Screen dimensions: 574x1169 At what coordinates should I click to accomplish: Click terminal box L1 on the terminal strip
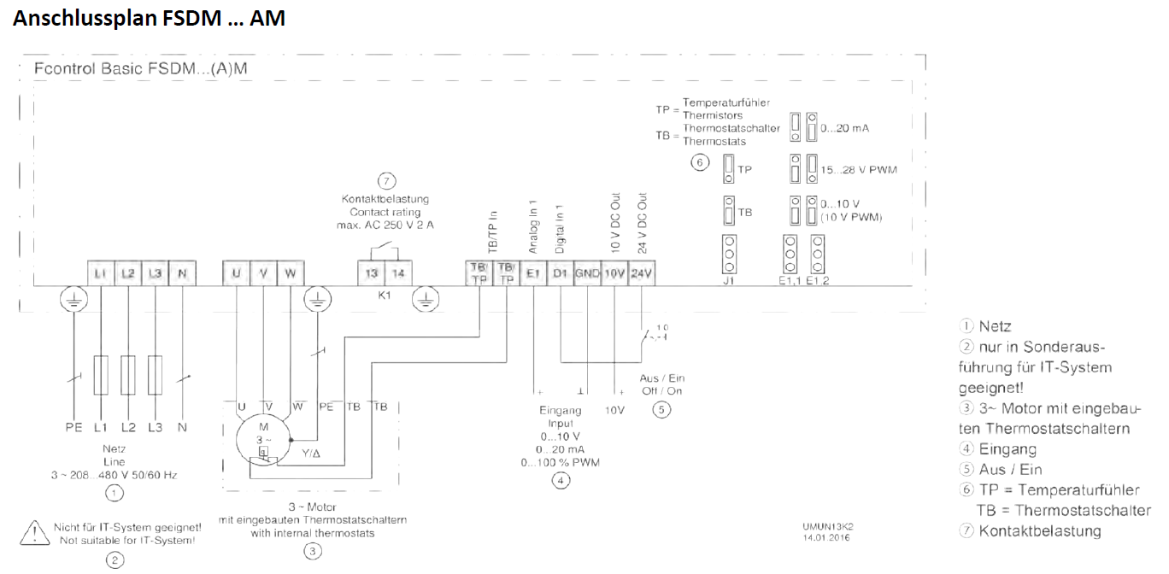click(x=101, y=273)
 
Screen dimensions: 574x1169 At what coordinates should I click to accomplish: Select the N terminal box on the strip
click(x=182, y=273)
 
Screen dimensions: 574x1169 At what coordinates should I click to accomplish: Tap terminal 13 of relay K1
click(x=372, y=273)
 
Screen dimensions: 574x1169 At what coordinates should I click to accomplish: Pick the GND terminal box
click(x=587, y=273)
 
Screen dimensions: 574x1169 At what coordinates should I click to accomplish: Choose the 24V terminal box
click(x=642, y=273)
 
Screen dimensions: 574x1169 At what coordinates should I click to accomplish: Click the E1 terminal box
click(x=533, y=273)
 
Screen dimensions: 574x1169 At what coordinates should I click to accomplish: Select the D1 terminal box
click(x=561, y=273)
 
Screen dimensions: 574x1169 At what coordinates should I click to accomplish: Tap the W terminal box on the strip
click(x=291, y=273)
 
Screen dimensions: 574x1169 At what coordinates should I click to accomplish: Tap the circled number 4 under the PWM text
click(x=560, y=481)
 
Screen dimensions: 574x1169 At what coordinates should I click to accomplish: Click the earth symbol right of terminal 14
click(x=426, y=299)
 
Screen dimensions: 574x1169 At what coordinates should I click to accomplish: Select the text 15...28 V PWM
click(x=859, y=170)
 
